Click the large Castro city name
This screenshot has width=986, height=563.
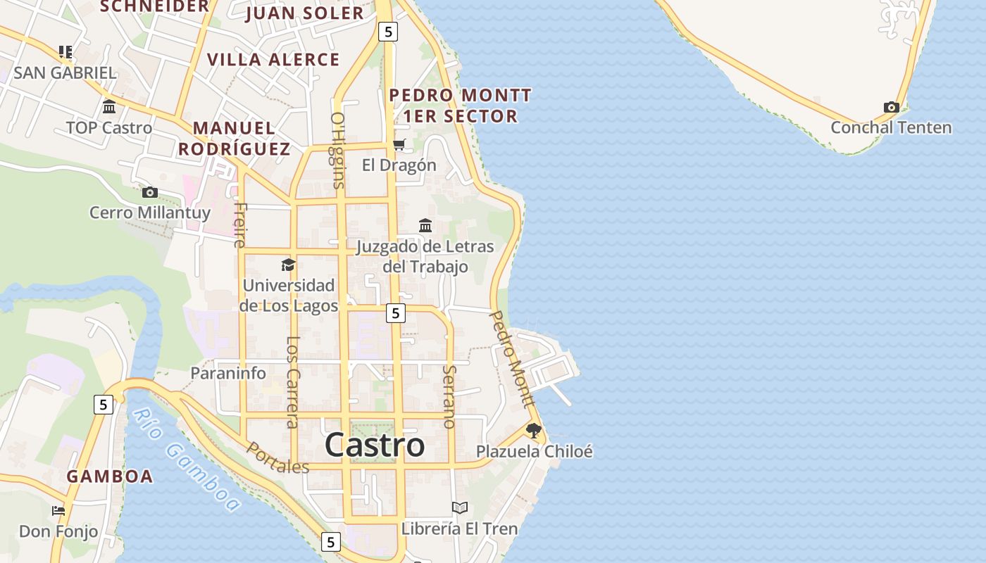point(375,445)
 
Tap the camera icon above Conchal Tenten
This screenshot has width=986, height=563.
point(892,108)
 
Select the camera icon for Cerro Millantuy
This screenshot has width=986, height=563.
point(149,192)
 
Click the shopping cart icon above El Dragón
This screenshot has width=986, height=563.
point(399,145)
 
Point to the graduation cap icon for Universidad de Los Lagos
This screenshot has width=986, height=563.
point(288,265)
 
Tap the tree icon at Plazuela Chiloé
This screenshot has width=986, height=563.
point(534,430)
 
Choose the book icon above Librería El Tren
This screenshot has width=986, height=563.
point(459,507)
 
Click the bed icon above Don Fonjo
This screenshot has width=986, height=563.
point(58,510)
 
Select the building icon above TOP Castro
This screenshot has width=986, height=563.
point(109,107)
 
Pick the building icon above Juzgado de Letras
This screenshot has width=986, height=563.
point(425,226)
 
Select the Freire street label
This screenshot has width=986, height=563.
point(240,225)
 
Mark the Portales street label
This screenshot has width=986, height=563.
point(277,458)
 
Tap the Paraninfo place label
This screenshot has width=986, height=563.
point(228,373)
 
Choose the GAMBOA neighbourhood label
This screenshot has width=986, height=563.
point(110,476)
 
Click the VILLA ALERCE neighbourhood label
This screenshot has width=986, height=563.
point(274,60)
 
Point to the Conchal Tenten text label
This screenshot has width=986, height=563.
point(891,127)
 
